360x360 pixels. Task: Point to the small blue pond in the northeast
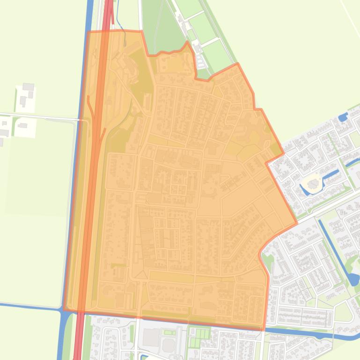[x=342, y=117]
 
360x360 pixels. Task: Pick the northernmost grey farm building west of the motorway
[x=28, y=87]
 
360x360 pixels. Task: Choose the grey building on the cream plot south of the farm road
[x=22, y=125]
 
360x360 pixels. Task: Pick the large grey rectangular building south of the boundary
[x=151, y=337]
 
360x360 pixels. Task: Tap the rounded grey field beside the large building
[x=169, y=345]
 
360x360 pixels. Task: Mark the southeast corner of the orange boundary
[x=263, y=330]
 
